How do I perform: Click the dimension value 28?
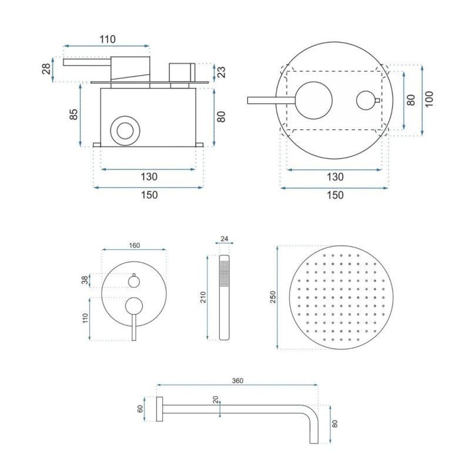(46, 69)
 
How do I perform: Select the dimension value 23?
(221, 72)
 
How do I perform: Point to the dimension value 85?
(73, 114)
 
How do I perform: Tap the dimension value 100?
(429, 99)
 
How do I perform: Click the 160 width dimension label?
(135, 246)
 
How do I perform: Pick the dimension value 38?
(85, 280)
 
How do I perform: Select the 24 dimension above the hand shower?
(224, 239)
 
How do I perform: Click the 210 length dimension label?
(203, 297)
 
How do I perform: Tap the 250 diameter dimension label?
(273, 297)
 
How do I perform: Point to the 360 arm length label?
(237, 381)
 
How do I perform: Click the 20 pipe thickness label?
(216, 400)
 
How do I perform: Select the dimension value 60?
(140, 409)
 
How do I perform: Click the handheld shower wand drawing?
(224, 297)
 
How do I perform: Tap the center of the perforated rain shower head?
(341, 297)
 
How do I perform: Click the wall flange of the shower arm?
(159, 409)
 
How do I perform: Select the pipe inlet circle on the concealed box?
(125, 131)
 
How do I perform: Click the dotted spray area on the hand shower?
(224, 274)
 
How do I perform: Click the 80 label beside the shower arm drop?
(335, 424)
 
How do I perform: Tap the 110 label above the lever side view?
(108, 39)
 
